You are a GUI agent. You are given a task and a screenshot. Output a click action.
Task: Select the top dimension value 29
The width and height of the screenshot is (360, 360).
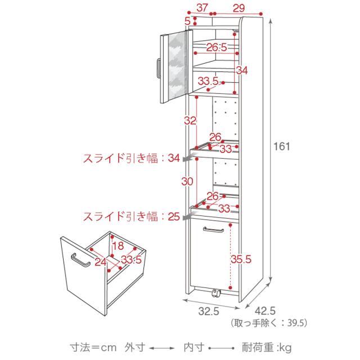click(238, 7)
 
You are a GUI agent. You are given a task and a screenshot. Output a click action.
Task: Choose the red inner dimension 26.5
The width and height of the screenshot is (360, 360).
click(215, 47)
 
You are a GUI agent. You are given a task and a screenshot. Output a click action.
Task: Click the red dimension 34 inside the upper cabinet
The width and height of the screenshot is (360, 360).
click(242, 70)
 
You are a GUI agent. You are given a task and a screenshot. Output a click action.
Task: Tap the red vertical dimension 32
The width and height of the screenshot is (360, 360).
click(190, 120)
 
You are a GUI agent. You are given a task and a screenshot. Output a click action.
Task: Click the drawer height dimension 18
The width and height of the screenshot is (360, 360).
click(117, 245)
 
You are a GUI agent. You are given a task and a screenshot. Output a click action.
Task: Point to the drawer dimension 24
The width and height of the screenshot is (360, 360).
click(100, 261)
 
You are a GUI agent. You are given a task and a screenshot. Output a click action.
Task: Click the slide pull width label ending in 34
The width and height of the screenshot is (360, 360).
click(131, 159)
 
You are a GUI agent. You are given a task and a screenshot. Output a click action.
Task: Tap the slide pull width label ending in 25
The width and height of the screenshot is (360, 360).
click(131, 215)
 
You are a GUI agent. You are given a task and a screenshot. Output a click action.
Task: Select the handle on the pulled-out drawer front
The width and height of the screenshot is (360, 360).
click(80, 261)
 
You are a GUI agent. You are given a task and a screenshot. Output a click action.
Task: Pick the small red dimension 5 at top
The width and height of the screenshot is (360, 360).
click(187, 21)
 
